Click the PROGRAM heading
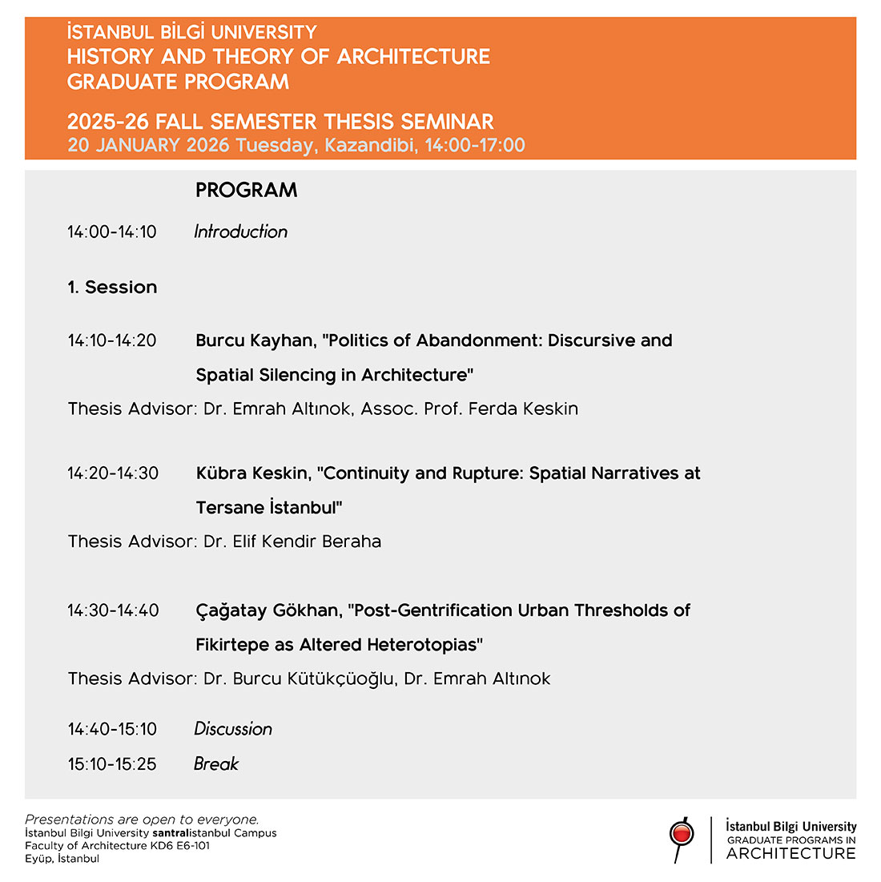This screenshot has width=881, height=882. [x=246, y=190]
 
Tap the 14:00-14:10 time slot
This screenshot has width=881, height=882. [x=112, y=232]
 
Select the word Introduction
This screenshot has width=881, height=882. [x=240, y=232]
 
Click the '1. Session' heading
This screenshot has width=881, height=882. [x=112, y=288]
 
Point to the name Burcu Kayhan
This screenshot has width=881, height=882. [x=255, y=340]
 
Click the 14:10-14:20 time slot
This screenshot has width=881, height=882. [x=112, y=340]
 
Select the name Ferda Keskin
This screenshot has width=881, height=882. [x=523, y=409]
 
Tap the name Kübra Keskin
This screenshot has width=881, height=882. [x=253, y=473]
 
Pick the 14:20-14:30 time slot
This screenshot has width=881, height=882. [x=113, y=473]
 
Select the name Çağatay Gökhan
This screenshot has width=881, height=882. [x=268, y=611]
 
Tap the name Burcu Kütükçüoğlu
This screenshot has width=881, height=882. [x=313, y=679]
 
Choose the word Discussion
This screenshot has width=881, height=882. [x=233, y=729]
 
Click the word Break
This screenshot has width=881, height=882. [x=216, y=764]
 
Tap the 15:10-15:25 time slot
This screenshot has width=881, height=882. [x=112, y=764]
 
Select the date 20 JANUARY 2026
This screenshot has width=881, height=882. [x=148, y=145]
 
